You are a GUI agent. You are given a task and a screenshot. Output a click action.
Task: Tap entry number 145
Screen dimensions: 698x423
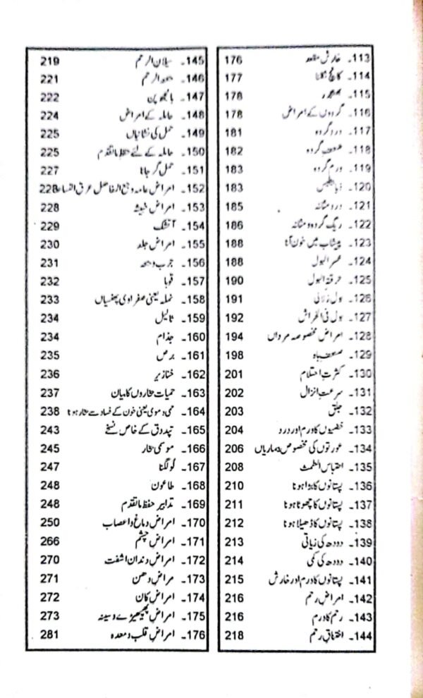192,61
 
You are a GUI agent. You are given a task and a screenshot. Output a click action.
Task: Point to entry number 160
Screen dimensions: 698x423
192,337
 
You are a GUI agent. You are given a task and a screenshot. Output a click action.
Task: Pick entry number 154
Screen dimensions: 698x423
192,226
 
